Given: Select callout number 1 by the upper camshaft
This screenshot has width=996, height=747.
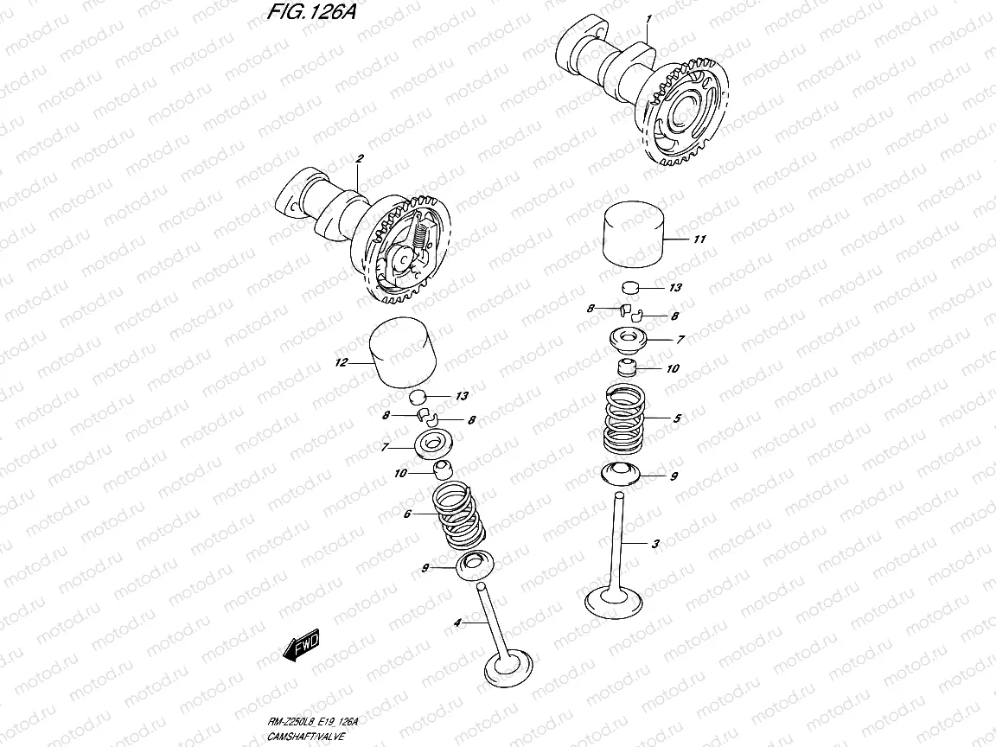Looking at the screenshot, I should coord(648,18).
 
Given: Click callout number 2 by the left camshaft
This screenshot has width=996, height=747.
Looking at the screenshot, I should coord(358,158).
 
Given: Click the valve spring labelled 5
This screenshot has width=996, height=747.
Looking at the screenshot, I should coord(635,421).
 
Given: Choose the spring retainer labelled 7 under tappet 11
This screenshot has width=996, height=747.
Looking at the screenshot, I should coord(629,339).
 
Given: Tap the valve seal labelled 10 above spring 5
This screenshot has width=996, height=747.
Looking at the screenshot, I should coord(629,368).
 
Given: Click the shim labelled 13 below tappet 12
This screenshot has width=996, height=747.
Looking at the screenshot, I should coord(421,396).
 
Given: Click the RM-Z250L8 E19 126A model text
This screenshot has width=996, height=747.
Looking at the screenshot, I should coord(313,721).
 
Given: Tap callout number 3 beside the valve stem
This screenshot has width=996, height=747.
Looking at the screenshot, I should coord(655,544).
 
